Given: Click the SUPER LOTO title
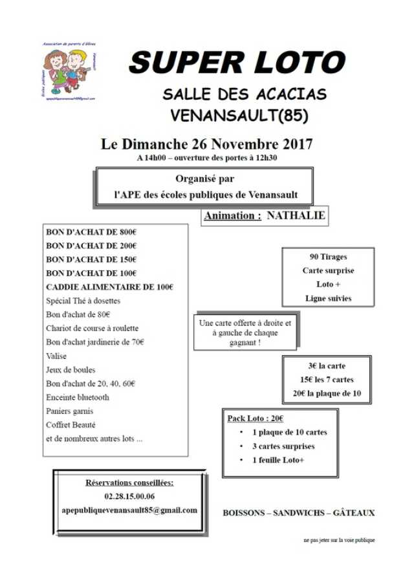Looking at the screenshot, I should tap(237, 63).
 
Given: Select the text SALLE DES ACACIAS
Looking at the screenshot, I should tap(245, 94).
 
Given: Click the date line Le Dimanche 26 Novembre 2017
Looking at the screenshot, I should tap(207, 144).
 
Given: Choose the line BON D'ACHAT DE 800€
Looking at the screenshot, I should tap(91, 232).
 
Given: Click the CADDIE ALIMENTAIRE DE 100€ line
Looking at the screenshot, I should tap(110, 287).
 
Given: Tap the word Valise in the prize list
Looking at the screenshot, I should tap(57, 356).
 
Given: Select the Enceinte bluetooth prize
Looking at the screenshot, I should tap(78, 397).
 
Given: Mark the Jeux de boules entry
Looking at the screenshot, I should tap(71, 370).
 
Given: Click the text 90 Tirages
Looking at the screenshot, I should tap(329, 256).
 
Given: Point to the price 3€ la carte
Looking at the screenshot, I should tap(327, 365).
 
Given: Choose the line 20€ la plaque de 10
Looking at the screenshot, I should tap(327, 393).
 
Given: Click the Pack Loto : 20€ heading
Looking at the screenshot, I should tap(255, 418).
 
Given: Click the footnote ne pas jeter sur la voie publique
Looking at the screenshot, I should tap(339, 540).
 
